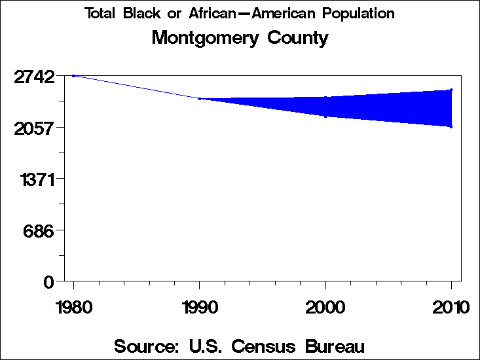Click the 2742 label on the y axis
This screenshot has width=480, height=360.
(x=34, y=77)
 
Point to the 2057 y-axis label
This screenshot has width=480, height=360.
(x=34, y=128)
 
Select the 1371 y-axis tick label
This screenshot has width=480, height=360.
(x=36, y=179)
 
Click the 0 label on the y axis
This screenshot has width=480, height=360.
(x=48, y=281)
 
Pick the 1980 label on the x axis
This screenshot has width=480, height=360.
(x=73, y=307)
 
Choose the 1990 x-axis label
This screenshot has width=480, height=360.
(x=200, y=307)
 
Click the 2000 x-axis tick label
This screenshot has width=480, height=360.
(x=325, y=307)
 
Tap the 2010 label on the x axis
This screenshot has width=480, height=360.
(x=451, y=307)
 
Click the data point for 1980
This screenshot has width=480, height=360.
(x=73, y=75)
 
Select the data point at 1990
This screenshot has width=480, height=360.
(x=200, y=99)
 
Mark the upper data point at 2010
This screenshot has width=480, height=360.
(x=451, y=90)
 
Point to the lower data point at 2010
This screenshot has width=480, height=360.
(x=451, y=126)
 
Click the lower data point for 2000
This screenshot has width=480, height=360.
(x=325, y=117)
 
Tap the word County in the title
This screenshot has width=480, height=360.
(x=298, y=38)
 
